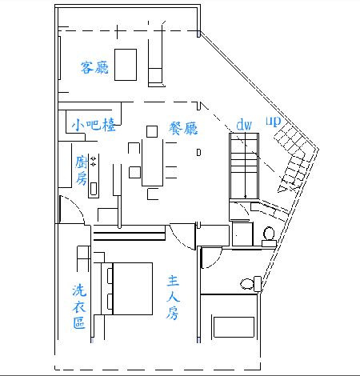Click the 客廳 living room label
point(94,67)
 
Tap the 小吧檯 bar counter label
point(94,125)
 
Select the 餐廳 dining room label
point(183,128)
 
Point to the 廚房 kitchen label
point(82,170)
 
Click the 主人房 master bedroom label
point(173,298)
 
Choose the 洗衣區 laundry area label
point(79,306)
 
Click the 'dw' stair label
point(244,125)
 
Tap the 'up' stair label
point(274,122)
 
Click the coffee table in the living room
point(126,65)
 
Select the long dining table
point(152,162)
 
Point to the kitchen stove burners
point(93,162)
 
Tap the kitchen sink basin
point(94,189)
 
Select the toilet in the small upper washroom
point(269,237)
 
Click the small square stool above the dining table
point(152,131)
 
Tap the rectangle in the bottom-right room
point(234,327)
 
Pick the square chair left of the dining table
point(134,172)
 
